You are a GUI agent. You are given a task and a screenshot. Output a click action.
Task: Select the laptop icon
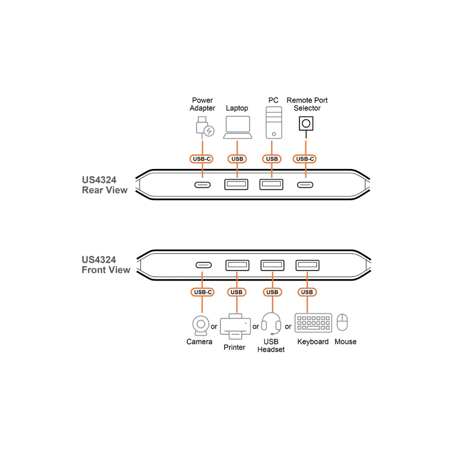coord(238,127)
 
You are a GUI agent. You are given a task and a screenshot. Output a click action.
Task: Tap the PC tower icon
coord(274,122)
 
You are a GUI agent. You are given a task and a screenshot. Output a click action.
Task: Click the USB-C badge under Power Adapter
coord(201,159)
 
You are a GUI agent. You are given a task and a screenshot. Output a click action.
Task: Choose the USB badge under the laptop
coord(237,159)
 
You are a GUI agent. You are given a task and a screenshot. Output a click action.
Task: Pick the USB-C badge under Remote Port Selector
coord(305,159)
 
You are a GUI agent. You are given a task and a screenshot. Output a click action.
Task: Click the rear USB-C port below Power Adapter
coord(202,185)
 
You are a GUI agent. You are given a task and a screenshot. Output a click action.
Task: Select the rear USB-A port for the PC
coord(271,184)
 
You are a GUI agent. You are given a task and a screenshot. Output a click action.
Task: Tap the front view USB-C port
coord(203,265)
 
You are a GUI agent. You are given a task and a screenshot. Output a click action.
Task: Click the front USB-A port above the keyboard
coord(307,265)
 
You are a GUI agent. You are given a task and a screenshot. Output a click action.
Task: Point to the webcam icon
coord(201,325)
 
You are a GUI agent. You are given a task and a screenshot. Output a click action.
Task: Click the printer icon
coord(235,326)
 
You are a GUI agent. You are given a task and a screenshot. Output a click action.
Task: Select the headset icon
coord(271,323)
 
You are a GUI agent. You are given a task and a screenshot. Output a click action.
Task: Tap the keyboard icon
coord(314,323)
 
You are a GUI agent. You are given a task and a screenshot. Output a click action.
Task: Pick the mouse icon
coord(342,322)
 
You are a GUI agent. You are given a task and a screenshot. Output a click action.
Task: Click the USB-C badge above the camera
coord(203,292)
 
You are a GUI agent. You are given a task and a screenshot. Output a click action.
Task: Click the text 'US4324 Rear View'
coord(105,185)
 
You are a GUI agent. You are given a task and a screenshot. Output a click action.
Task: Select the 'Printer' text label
coord(234,347)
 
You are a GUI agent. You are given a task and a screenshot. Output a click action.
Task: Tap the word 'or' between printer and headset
coord(256,327)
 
